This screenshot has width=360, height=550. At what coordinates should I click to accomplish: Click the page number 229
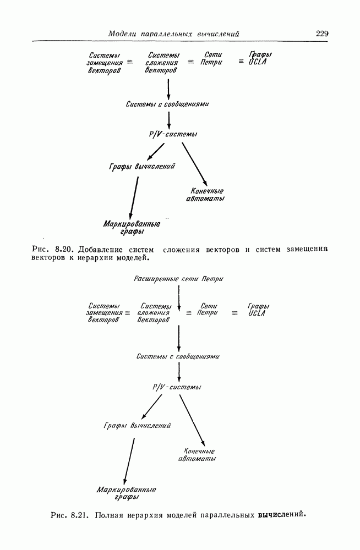[x=322, y=34]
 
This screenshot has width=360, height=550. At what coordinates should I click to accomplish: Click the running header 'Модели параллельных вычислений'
[x=173, y=34]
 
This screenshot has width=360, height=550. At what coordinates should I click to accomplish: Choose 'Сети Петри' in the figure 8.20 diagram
[x=212, y=59]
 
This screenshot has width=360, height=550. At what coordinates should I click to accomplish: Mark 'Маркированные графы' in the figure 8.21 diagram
[x=127, y=493]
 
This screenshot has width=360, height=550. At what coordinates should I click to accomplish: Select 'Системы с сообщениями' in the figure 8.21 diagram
[x=178, y=356]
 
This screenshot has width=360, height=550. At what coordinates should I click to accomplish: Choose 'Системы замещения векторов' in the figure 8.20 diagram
[x=104, y=63]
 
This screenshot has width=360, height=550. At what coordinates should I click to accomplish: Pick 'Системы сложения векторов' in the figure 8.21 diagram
[x=154, y=312]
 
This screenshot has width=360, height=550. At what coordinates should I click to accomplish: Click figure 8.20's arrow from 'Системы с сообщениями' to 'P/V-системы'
[x=168, y=118]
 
